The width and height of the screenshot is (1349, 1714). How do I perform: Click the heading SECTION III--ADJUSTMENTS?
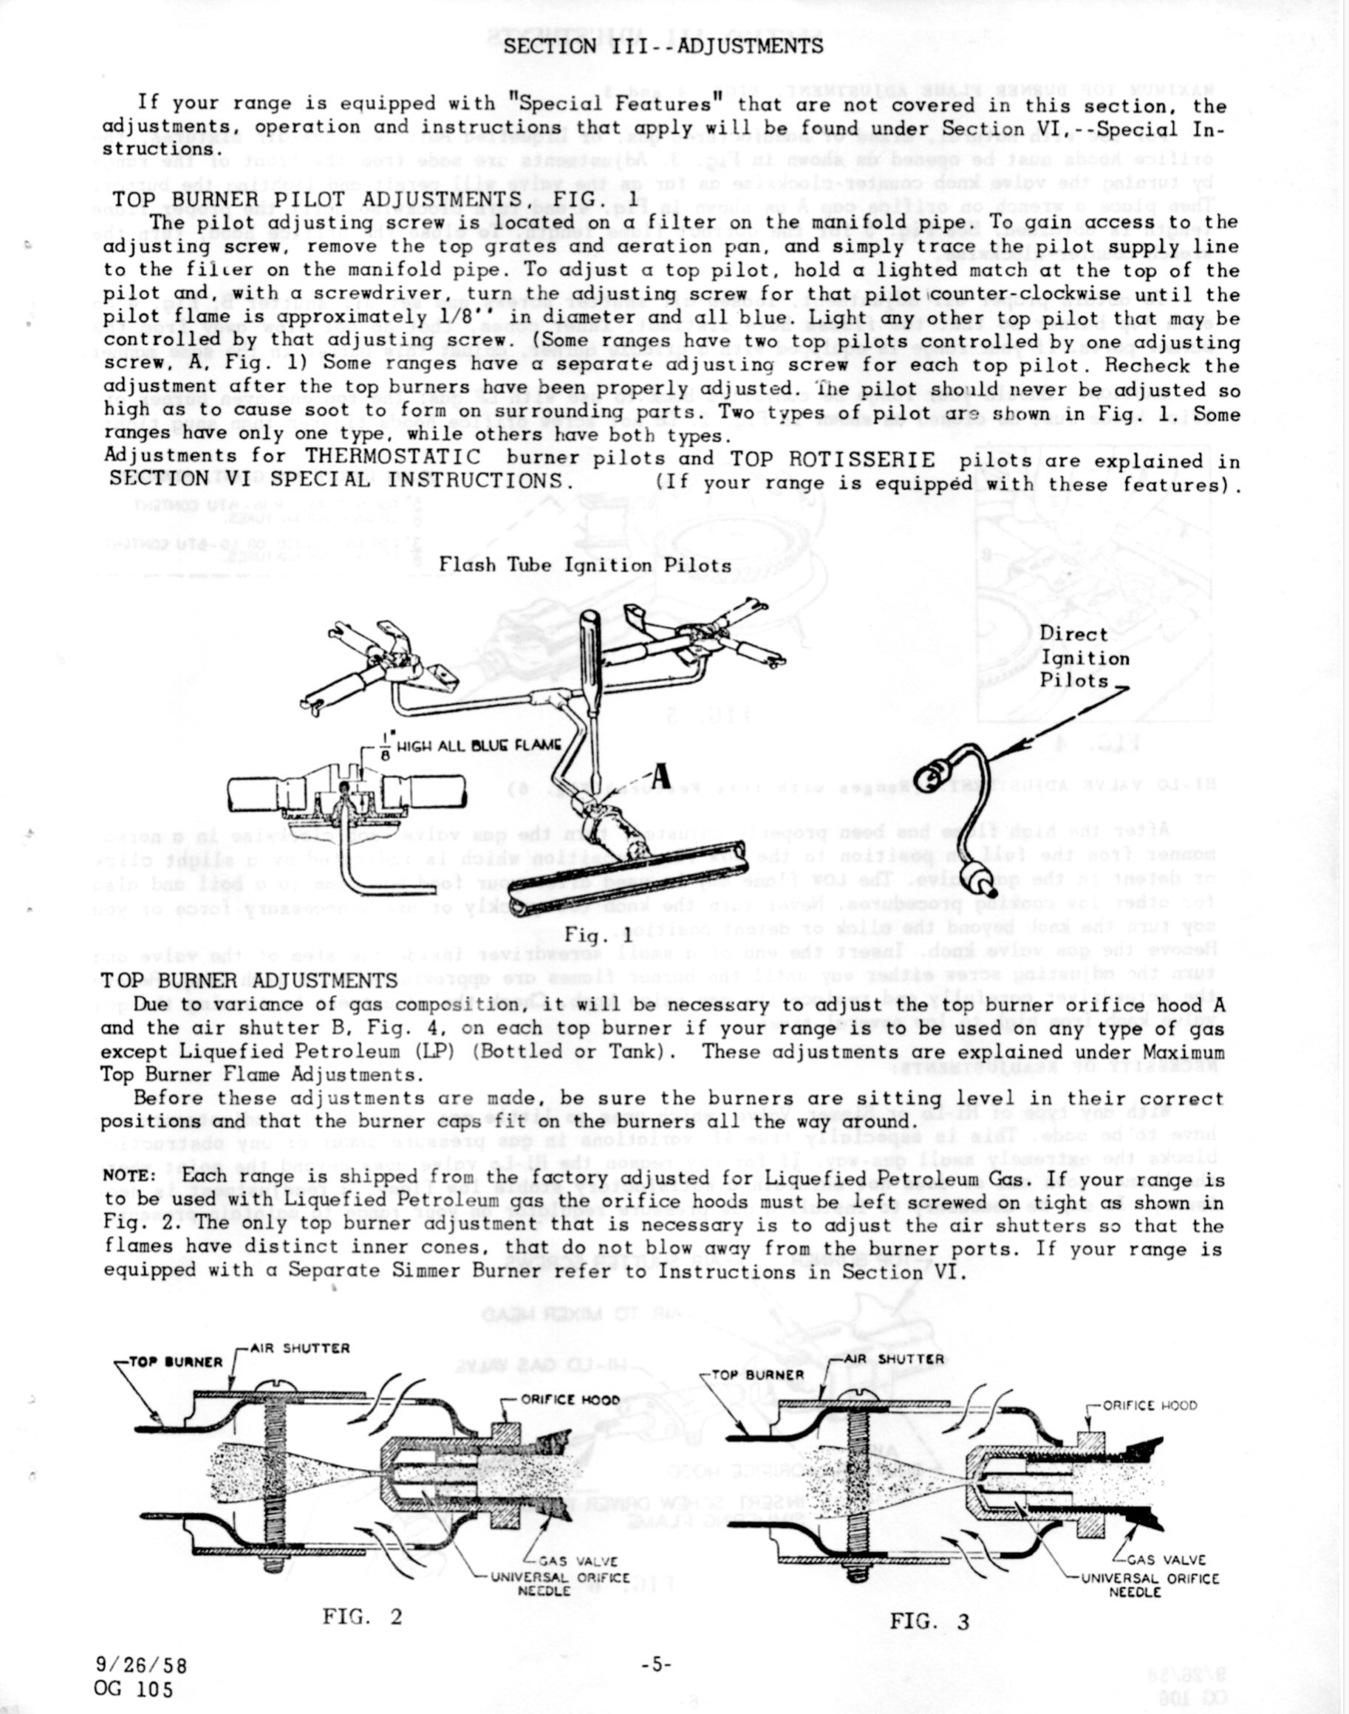663,45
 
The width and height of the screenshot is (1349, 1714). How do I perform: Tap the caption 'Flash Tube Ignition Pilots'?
585,564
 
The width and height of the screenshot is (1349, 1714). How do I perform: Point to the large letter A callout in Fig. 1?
660,776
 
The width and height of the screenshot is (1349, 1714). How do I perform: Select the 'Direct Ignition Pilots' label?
1084,658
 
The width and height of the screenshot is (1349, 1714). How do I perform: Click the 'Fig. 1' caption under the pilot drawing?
598,936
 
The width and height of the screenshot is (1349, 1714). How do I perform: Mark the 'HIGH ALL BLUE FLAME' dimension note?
478,745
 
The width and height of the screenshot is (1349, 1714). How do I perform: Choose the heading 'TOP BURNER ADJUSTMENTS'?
250,980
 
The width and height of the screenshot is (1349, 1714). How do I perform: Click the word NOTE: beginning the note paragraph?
126,1175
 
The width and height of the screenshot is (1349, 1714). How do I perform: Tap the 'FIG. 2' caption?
363,1616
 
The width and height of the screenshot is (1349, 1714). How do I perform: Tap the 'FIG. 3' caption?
929,1622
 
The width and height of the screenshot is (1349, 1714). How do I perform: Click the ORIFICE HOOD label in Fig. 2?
570,1399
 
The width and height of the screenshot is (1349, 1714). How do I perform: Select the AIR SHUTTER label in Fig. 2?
299,1348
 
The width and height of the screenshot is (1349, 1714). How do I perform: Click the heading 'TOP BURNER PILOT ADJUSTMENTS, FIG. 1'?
375,198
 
